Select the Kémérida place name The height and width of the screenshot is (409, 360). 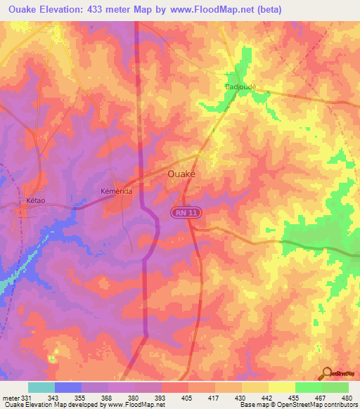click(117, 190)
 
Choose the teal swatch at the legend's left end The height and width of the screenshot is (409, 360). click(41, 387)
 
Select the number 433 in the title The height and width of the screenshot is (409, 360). click(103, 9)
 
